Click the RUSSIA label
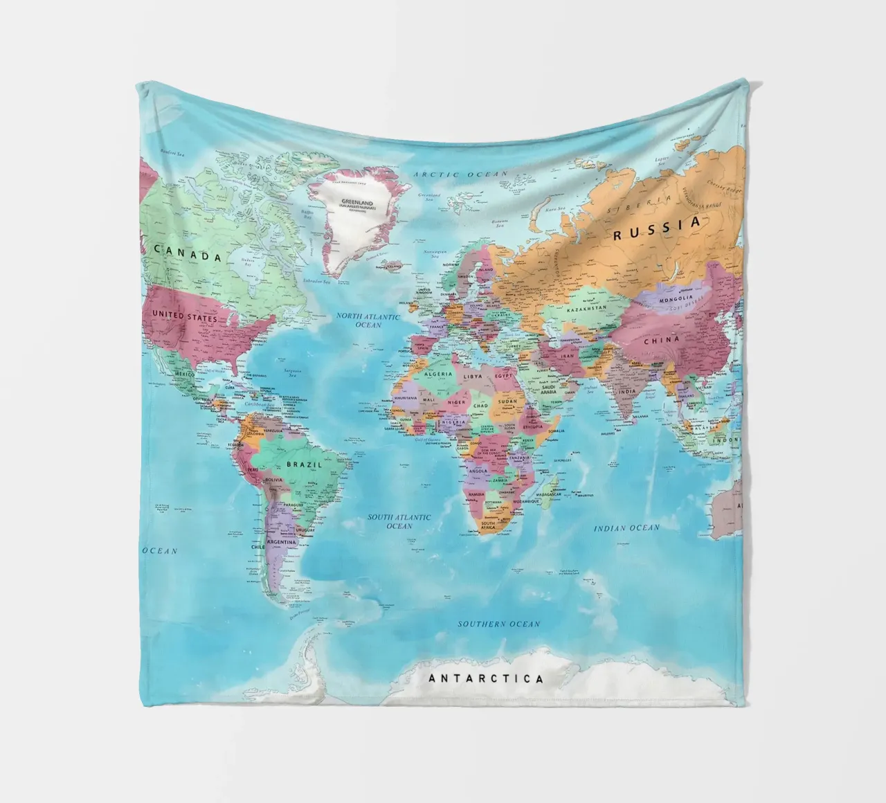[657, 228]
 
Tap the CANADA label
[188, 253]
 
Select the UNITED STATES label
[184, 316]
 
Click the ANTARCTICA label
[486, 679]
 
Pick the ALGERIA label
[437, 374]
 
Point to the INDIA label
[626, 392]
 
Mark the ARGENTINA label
[282, 542]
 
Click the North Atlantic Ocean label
[368, 320]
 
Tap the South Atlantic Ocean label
[399, 521]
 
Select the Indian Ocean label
[626, 528]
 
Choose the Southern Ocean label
[498, 624]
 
